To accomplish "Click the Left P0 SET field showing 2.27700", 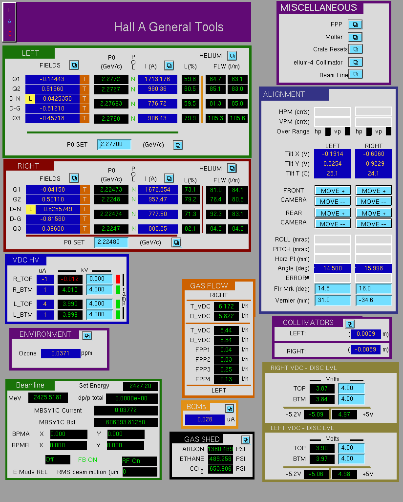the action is click(x=114, y=144).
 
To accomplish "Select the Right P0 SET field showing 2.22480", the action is click(x=111, y=242).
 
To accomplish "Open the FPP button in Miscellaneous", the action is click(x=355, y=24).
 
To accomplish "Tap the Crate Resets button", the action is click(x=355, y=49).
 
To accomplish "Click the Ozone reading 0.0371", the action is click(x=61, y=353).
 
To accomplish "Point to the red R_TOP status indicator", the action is click(x=118, y=279).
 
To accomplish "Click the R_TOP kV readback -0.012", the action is click(x=70, y=279).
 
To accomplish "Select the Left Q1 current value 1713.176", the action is click(x=157, y=79).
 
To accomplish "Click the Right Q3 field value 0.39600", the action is click(x=53, y=229).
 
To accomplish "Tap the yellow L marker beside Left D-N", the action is click(x=30, y=99).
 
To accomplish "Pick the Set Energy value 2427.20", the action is click(x=140, y=386).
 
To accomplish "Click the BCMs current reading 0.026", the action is click(x=205, y=419).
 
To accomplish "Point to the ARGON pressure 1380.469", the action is click(x=220, y=449).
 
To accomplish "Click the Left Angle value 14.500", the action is click(x=333, y=268).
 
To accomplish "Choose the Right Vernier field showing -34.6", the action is click(x=373, y=300).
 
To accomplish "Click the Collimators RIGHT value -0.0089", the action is click(x=365, y=349).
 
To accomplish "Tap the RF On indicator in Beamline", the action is click(x=139, y=461).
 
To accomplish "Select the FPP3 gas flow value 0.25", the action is click(x=226, y=369).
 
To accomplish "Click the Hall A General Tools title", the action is click(x=169, y=27).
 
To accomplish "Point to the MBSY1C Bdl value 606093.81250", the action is click(x=126, y=422).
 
